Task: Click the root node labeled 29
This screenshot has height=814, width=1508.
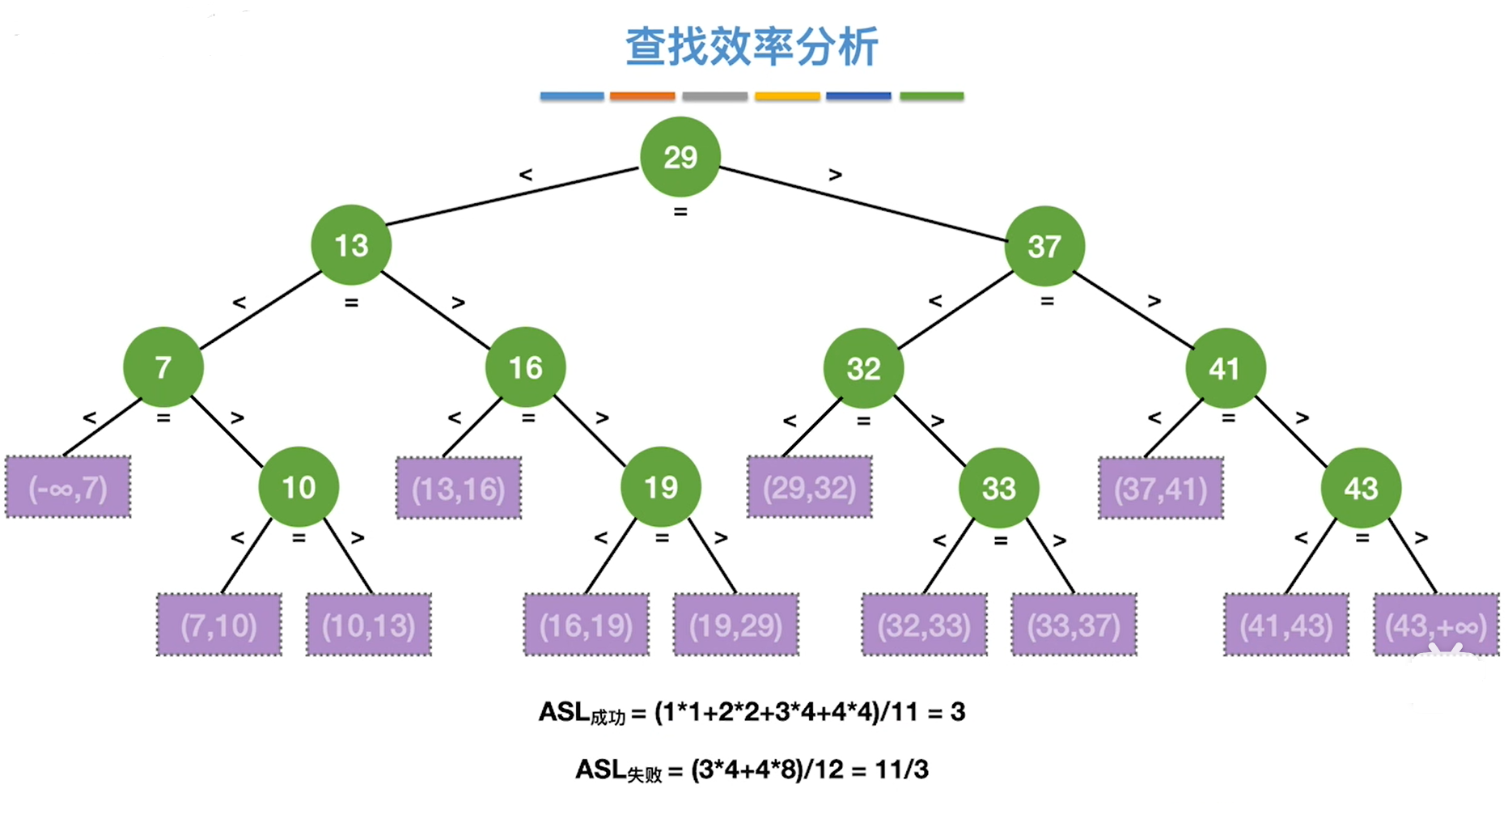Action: pyautogui.click(x=680, y=157)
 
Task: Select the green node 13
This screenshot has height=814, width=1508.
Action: pyautogui.click(x=351, y=245)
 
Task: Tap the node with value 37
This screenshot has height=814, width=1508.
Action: pyautogui.click(x=1044, y=246)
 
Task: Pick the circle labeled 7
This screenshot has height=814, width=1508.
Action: pyautogui.click(x=163, y=367)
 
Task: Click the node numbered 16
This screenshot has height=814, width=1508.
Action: pyautogui.click(x=526, y=367)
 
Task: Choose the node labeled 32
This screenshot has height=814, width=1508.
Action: pyautogui.click(x=863, y=368)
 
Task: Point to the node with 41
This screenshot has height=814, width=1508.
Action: pyautogui.click(x=1226, y=368)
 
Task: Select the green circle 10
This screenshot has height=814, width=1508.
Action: pyautogui.click(x=299, y=487)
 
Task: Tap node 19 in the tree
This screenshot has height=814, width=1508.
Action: pyautogui.click(x=661, y=487)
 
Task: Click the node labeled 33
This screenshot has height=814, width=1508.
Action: pyautogui.click(x=999, y=488)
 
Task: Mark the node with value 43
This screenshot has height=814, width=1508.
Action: pyautogui.click(x=1362, y=488)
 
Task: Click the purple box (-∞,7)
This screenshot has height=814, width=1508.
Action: pyautogui.click(x=68, y=487)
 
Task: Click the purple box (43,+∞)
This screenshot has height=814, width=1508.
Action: pyautogui.click(x=1437, y=625)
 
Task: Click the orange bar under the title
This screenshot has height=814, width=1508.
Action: pyautogui.click(x=642, y=96)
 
